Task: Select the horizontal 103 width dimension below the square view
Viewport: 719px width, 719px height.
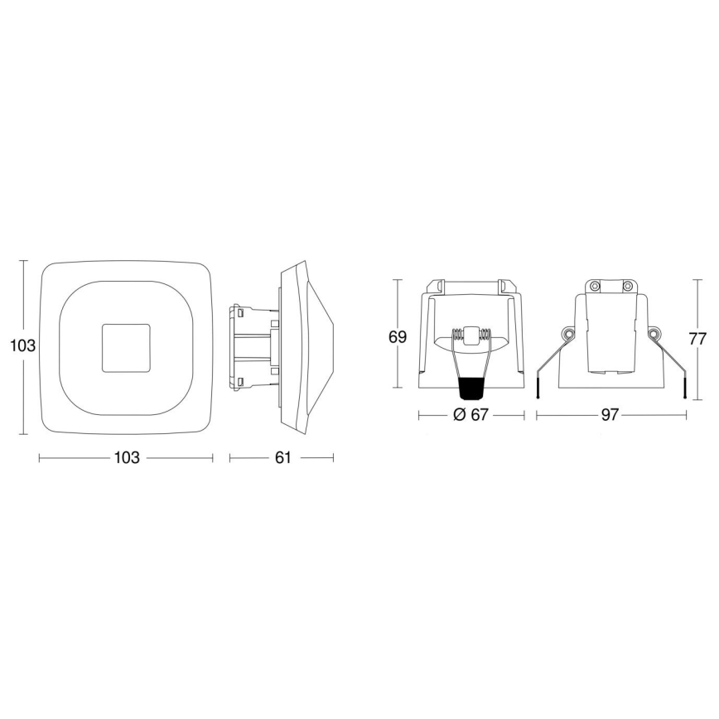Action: [x=126, y=458]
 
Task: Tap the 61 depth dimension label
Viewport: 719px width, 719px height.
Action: [x=282, y=458]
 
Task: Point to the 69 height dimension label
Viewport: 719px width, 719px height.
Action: [x=398, y=337]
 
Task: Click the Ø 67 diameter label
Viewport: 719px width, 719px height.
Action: [x=470, y=416]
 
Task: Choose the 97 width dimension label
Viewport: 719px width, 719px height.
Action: [x=610, y=416]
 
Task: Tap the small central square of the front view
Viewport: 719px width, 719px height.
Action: [x=126, y=348]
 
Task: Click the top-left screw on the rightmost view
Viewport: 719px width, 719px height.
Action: [x=594, y=287]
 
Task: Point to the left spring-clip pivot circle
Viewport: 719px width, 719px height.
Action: [x=567, y=334]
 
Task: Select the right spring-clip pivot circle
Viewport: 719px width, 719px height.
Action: [x=654, y=334]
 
